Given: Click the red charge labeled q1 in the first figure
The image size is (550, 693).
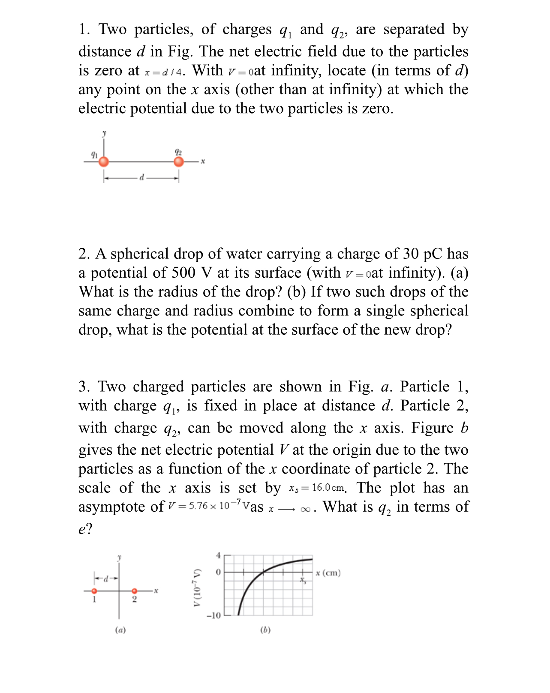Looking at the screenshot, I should [x=104, y=162].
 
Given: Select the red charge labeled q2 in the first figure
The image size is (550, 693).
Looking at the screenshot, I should [x=179, y=162].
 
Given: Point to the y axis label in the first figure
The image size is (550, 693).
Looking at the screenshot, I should [x=104, y=133].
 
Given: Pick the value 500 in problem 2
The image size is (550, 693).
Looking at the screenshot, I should [x=183, y=273].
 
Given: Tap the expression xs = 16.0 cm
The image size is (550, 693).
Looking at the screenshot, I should [x=316, y=488].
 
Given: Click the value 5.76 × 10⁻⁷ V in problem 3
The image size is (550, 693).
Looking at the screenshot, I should [x=209, y=506].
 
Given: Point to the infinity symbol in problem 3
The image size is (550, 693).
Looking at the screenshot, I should [x=306, y=509].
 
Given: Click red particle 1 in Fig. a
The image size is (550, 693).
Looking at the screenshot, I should [x=94, y=591].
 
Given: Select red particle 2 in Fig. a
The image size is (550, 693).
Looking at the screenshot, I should [x=134, y=591].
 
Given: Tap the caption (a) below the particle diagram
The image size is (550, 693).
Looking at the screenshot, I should [x=120, y=630].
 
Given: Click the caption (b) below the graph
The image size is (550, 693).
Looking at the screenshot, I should [x=265, y=630].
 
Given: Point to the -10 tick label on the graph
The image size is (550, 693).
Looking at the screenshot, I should [x=213, y=615].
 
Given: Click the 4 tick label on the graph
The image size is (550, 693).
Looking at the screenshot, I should [x=218, y=555].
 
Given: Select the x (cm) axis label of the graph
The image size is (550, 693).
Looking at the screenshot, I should [x=328, y=573].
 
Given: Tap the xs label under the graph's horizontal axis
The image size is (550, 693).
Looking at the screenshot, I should [x=303, y=580].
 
